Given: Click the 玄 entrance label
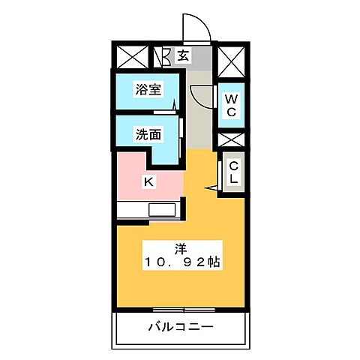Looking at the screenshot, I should pyautogui.click(x=183, y=55).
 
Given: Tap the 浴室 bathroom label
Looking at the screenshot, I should pyautogui.click(x=148, y=89).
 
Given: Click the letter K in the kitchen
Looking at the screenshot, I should pyautogui.click(x=148, y=181).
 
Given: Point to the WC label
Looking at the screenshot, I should pyautogui.click(x=230, y=105).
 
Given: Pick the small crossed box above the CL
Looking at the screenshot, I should pyautogui.click(x=230, y=140).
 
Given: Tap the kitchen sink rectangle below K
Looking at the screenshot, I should pyautogui.click(x=162, y=211).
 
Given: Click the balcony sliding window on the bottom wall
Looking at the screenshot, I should pyautogui.click(x=180, y=309).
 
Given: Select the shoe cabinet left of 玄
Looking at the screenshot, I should pyautogui.click(x=159, y=56).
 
